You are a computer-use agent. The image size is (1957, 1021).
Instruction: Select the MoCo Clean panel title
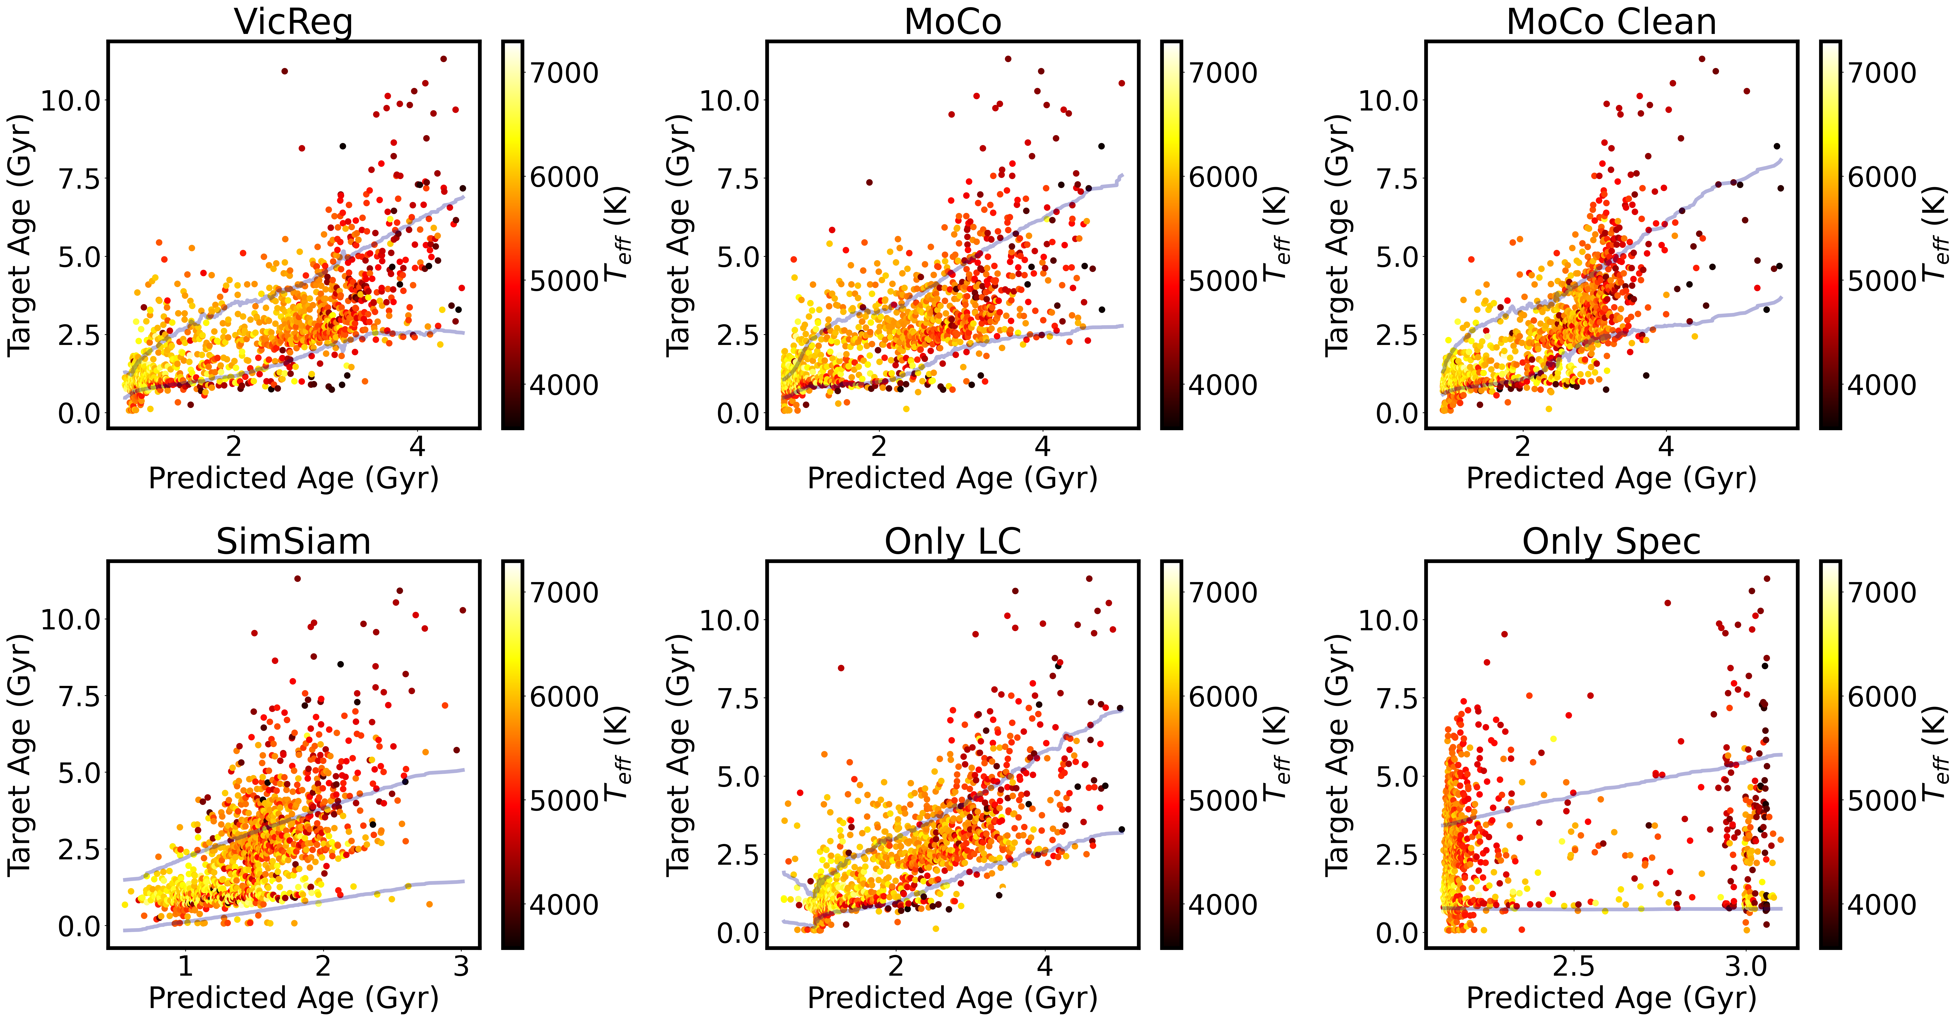click(1611, 21)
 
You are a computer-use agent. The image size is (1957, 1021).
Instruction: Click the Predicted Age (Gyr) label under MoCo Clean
click(1611, 479)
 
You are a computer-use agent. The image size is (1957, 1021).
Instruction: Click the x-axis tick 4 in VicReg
click(417, 447)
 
